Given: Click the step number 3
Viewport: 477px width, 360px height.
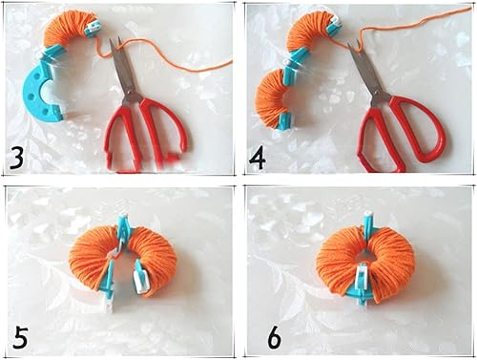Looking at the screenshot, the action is pos(17,158).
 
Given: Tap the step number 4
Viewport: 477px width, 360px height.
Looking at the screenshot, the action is pos(258,159).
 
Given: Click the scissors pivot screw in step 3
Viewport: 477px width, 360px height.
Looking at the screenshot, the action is pos(130,93).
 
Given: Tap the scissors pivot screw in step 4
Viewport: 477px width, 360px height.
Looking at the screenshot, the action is pos(377,94).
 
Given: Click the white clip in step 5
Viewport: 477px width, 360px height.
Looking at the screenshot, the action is pos(141,277).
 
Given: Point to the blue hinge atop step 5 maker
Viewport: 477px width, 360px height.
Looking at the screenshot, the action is pos(122,229).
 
